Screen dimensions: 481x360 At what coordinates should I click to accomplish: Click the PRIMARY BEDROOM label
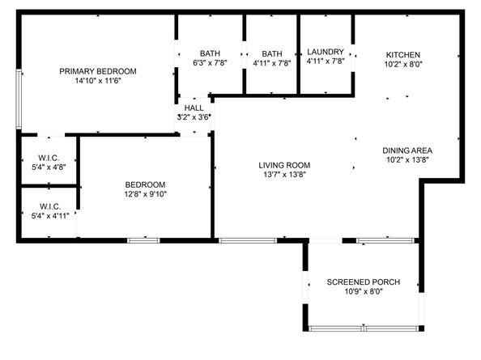98,71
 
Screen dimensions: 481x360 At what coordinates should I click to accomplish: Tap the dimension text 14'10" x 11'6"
98,81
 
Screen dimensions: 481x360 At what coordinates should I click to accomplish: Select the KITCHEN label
403,55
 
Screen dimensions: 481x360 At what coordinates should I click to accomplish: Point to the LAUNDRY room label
326,52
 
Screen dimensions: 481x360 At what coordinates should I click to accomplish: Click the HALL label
194,108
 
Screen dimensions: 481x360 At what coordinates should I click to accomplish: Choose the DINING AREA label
407,150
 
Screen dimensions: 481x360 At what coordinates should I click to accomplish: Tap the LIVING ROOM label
284,165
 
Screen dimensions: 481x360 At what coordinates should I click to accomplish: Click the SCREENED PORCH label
364,282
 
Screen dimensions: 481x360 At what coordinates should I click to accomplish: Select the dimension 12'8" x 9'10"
146,194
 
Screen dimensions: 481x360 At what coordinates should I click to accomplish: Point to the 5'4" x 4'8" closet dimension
49,167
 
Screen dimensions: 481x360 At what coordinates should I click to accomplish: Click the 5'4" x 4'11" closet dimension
50,216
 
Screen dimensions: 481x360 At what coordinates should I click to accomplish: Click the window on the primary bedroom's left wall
19,99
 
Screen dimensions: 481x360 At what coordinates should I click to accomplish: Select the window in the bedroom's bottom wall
143,240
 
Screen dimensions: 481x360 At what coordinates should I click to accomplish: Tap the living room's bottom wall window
248,240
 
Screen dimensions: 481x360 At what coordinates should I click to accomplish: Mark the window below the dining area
385,240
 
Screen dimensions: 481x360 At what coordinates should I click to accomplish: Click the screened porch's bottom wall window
364,328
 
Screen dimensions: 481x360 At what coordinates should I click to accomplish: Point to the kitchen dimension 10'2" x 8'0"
403,65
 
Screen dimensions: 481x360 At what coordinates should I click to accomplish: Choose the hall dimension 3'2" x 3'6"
194,117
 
